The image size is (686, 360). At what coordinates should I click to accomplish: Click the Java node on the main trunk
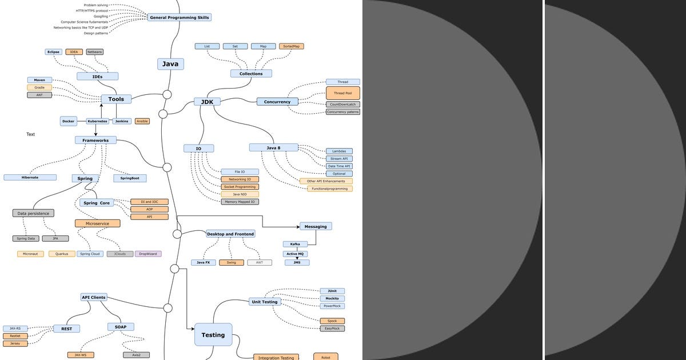pos(170,64)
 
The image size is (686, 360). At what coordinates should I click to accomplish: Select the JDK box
pos(207,102)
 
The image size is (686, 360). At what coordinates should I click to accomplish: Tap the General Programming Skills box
pos(180,18)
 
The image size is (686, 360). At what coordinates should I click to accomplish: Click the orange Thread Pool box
pos(343,93)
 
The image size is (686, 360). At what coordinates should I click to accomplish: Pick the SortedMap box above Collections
pos(292,46)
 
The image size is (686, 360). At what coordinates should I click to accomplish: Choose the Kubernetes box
pos(97,121)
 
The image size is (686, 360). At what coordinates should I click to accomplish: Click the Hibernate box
pos(30,178)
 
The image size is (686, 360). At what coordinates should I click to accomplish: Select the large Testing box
pos(213,335)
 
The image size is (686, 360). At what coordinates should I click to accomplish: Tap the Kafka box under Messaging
pos(295,244)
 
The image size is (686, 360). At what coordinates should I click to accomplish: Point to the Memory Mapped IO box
pos(240,202)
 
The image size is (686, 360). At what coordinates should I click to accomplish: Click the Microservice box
pos(97,223)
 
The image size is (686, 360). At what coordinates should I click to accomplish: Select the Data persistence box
pos(33,213)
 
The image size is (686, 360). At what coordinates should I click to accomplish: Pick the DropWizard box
pos(148,254)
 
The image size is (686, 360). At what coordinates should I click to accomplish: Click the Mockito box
pos(332,298)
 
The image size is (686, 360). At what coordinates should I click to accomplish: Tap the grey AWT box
pos(260,263)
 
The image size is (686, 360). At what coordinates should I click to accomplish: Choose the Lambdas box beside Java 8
pos(339,151)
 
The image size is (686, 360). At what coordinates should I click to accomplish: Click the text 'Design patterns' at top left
pos(95,33)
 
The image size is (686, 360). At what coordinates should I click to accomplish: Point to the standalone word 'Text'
pos(30,134)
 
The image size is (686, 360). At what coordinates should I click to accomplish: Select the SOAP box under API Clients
pos(121,327)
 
